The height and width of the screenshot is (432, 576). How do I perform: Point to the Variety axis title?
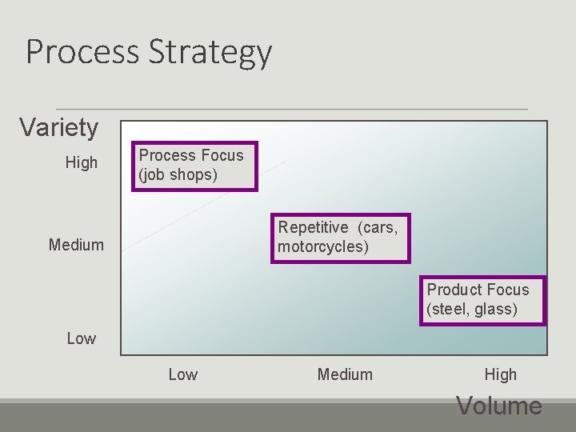pyautogui.click(x=58, y=127)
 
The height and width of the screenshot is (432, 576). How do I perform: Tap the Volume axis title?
pyautogui.click(x=498, y=406)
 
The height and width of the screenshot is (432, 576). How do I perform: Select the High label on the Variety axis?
pyautogui.click(x=81, y=163)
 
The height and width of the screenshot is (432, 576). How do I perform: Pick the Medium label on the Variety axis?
pyautogui.click(x=76, y=245)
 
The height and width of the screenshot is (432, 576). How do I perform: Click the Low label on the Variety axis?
pyautogui.click(x=81, y=338)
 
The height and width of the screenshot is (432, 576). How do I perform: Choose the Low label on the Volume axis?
pyautogui.click(x=182, y=374)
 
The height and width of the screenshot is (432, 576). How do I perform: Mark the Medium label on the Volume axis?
pyautogui.click(x=345, y=374)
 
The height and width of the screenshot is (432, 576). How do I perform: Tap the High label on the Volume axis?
pyautogui.click(x=500, y=374)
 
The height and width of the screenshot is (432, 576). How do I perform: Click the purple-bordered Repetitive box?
pyautogui.click(x=340, y=238)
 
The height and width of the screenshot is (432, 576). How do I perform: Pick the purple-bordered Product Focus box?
pyautogui.click(x=482, y=300)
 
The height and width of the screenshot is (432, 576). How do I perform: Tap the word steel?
pyautogui.click(x=450, y=310)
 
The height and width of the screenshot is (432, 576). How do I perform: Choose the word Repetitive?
pyautogui.click(x=313, y=227)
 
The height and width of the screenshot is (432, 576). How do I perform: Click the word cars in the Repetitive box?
pyautogui.click(x=379, y=227)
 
